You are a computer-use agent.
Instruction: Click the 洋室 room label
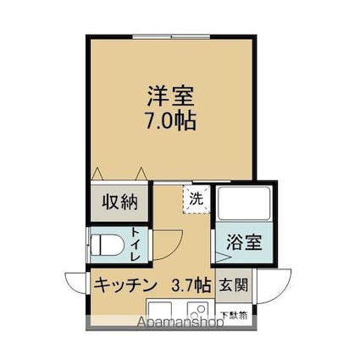(170, 93)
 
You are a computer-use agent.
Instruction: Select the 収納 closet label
(120, 202)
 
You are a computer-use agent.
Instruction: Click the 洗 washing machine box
(196, 200)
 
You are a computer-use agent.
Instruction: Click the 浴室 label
(243, 241)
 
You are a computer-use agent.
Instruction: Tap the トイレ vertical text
(136, 243)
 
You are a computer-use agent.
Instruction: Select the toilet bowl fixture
(105, 244)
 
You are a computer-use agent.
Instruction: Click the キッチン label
(124, 284)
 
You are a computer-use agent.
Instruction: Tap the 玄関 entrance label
(234, 285)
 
